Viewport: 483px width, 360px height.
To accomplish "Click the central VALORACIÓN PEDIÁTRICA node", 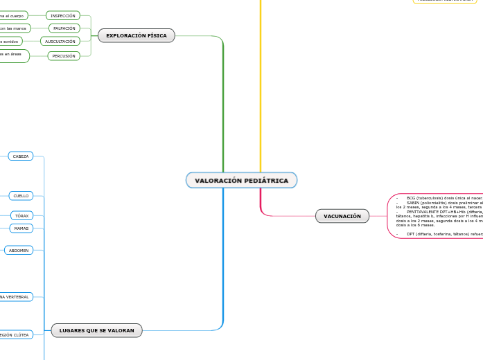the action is (241, 181).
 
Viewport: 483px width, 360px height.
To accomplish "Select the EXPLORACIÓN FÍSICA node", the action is (137, 35).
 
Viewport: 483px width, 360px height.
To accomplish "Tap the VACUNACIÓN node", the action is (342, 216).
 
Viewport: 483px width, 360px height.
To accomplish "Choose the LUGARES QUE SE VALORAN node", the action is (97, 330).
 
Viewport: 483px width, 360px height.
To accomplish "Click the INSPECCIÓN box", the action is (63, 15).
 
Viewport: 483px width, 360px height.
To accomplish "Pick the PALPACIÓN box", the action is (64, 28).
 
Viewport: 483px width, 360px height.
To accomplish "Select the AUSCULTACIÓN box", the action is (60, 42).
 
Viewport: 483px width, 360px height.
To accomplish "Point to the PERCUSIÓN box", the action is (64, 56).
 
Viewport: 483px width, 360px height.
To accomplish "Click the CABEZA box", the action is (21, 156).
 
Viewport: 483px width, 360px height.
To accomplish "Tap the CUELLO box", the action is (21, 196).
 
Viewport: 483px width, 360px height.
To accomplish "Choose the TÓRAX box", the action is (22, 216).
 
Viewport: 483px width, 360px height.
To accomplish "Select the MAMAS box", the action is (21, 228).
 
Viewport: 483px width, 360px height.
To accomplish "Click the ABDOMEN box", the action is (19, 250).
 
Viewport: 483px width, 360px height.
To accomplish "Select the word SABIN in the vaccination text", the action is (413, 202).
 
